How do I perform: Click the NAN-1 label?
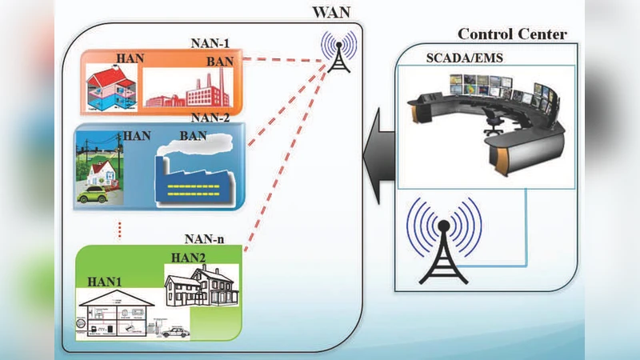coord(211,42)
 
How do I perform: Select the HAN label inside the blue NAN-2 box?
coord(137,137)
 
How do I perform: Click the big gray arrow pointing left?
coord(378,154)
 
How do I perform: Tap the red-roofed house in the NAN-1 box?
coord(112,84)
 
